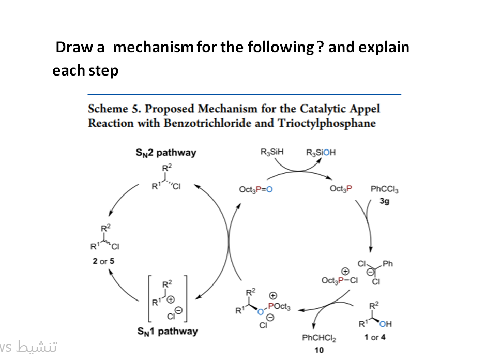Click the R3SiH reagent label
point(272,153)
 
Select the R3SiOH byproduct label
point(321,153)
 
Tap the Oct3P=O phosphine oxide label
point(256,189)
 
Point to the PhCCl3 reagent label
point(385,189)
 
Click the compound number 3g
point(384,201)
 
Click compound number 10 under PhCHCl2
point(319,350)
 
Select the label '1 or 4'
point(374,337)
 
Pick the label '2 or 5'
point(103,261)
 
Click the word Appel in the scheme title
point(364,109)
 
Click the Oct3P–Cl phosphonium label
point(340,280)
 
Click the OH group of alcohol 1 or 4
point(385,324)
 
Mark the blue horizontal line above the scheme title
point(244,95)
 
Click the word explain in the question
point(384,48)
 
